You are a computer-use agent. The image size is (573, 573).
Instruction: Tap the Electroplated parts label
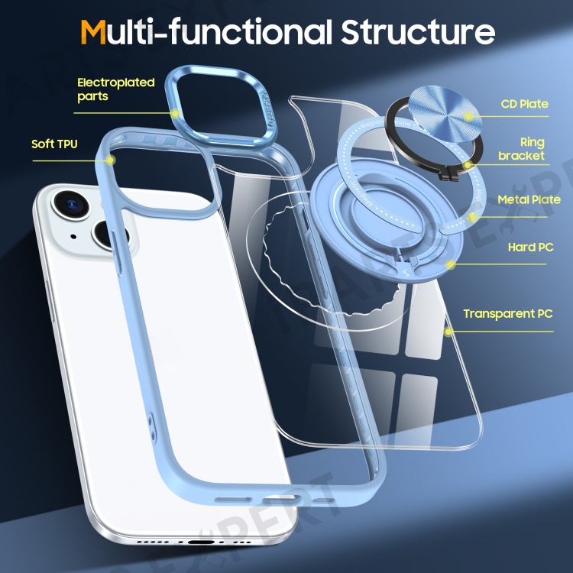(115, 89)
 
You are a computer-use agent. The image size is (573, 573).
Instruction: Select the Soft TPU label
(54, 144)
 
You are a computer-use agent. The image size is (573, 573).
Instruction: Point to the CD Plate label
(524, 104)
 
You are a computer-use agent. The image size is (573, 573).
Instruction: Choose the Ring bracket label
(522, 149)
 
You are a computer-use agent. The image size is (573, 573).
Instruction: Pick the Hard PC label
(530, 248)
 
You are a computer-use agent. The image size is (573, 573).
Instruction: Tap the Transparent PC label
(507, 313)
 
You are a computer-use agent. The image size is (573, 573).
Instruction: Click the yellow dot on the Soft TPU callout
(112, 160)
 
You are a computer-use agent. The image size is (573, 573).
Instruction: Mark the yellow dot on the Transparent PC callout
(449, 332)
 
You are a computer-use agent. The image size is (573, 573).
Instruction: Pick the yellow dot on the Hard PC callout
(452, 265)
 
